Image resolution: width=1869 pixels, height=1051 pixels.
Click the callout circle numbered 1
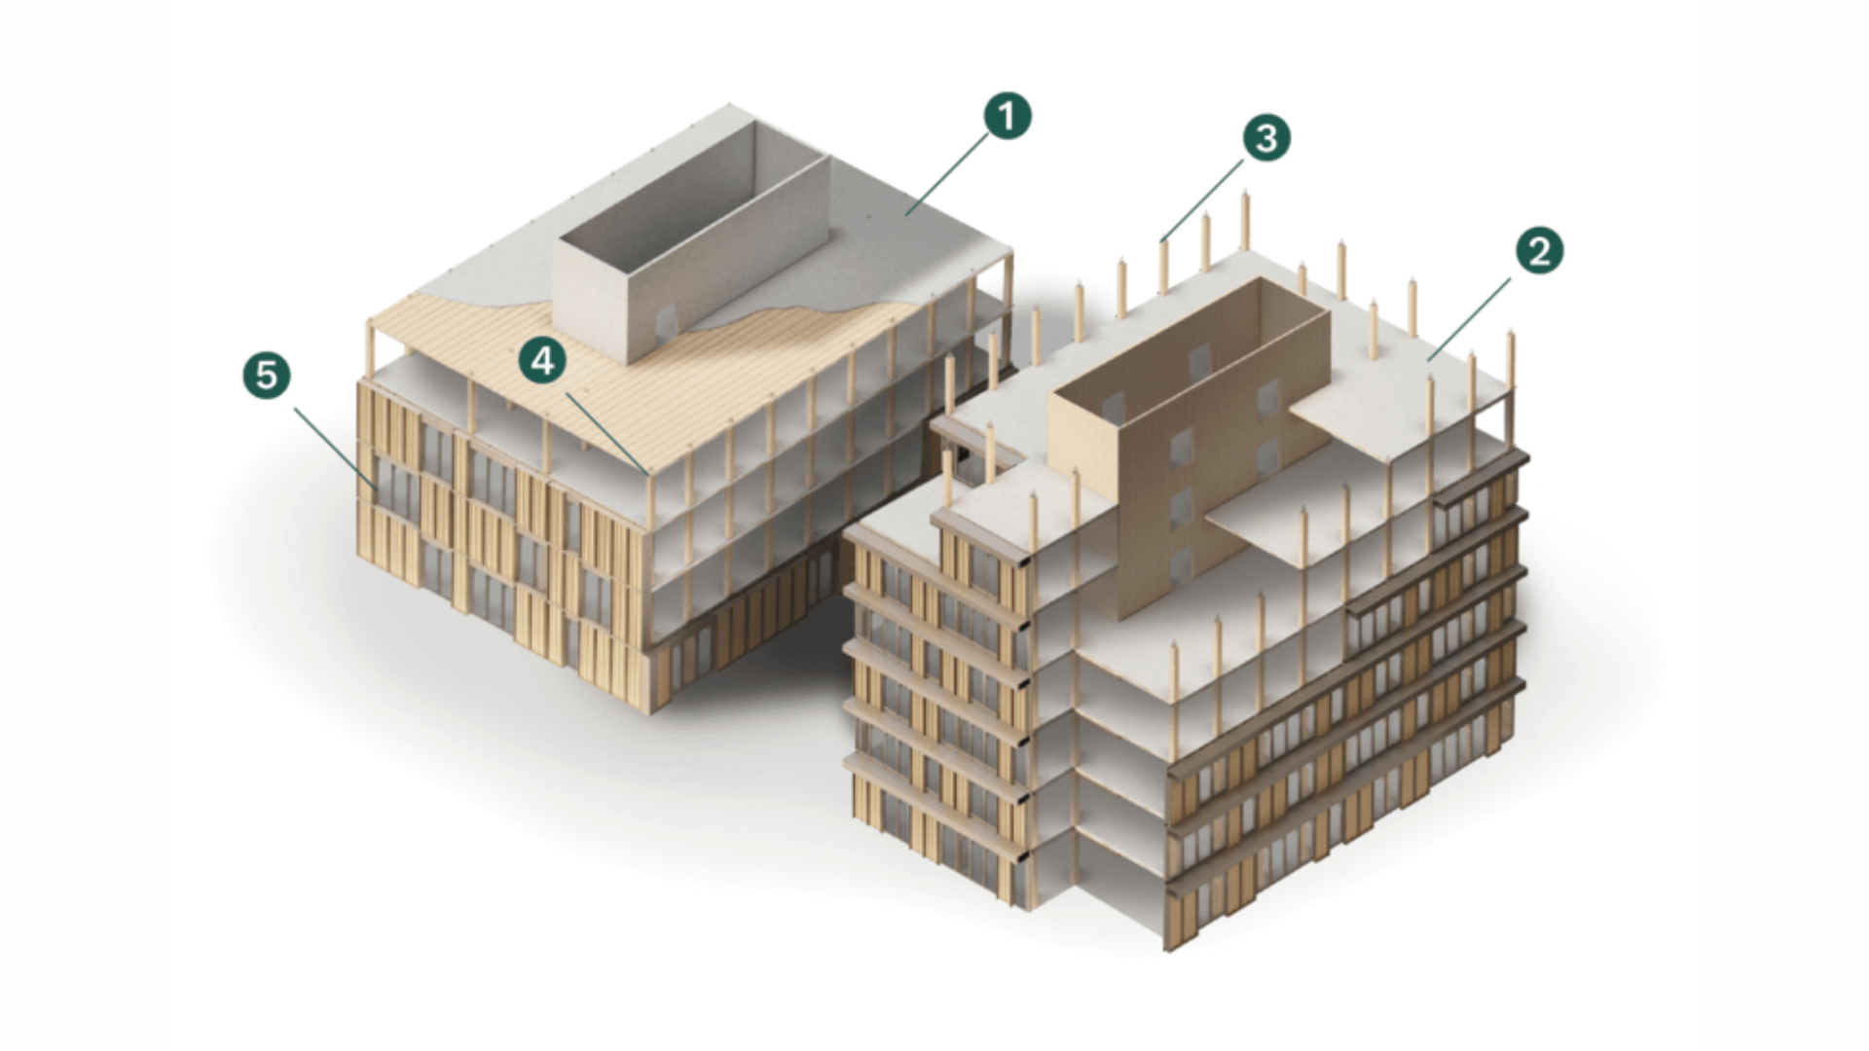[1007, 116]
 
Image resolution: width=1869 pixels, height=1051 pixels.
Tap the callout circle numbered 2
[1539, 251]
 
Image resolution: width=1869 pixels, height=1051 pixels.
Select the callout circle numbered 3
[1265, 137]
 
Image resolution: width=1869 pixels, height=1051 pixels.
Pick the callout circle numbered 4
[542, 361]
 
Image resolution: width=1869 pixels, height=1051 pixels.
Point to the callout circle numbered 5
[267, 375]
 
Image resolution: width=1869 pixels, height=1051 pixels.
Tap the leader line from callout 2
[1470, 319]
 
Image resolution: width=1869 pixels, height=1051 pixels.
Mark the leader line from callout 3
[1201, 199]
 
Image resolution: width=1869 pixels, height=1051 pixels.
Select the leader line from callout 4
[605, 431]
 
